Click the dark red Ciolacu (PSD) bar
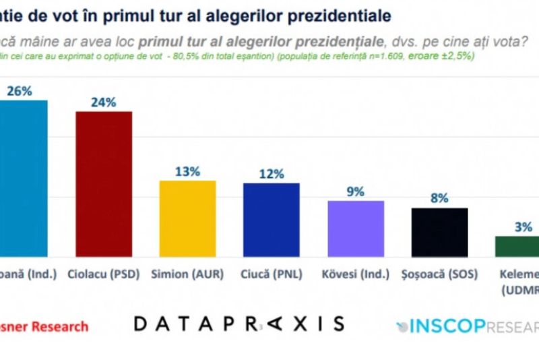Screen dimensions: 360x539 click(103, 183)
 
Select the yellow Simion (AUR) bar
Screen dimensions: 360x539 click(187, 218)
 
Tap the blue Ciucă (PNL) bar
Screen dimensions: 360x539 click(272, 220)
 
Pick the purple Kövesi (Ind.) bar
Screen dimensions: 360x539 click(356, 229)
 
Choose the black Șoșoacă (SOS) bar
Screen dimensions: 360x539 click(439, 232)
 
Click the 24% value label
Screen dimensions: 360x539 click(104, 102)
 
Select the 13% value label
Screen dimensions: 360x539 click(187, 171)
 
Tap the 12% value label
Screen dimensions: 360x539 click(272, 174)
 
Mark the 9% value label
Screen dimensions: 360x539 click(356, 191)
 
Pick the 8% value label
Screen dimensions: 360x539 click(440, 199)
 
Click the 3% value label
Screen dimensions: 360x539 click(524, 227)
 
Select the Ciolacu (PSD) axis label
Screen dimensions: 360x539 click(103, 275)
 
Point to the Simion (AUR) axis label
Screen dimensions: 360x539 click(187, 275)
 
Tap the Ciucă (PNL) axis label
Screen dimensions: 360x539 click(272, 275)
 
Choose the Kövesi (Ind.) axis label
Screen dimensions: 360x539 click(356, 275)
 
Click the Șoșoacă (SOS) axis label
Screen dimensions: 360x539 click(439, 275)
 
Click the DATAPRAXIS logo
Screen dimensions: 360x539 click(239, 324)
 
